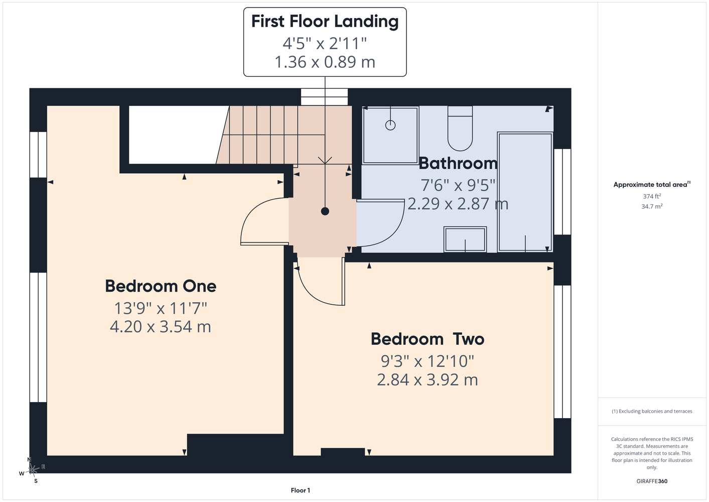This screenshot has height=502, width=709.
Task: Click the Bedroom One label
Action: click(x=161, y=286)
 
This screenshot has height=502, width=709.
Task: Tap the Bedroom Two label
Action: click(x=428, y=339)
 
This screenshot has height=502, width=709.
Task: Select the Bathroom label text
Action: click(x=458, y=164)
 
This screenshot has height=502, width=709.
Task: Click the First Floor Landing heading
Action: click(x=325, y=21)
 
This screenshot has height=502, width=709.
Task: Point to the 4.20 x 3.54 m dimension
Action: click(x=161, y=326)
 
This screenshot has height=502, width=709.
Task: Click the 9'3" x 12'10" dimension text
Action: click(x=428, y=361)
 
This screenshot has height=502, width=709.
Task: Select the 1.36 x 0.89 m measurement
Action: click(x=325, y=62)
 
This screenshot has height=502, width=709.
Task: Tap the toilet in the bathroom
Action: click(x=460, y=129)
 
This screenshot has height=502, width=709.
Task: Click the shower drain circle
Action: click(x=390, y=125)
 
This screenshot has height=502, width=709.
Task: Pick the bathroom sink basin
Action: click(x=465, y=239)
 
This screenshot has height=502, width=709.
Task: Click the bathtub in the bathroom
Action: click(x=525, y=192)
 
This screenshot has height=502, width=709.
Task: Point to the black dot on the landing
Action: click(x=325, y=211)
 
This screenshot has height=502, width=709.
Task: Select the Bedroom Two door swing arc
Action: click(x=309, y=295)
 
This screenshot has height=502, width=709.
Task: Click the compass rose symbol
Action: click(x=32, y=470)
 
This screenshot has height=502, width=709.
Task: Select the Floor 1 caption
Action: click(x=301, y=490)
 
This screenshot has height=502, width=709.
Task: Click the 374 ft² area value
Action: click(x=652, y=196)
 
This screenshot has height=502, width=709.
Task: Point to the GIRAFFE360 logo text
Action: click(x=652, y=481)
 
